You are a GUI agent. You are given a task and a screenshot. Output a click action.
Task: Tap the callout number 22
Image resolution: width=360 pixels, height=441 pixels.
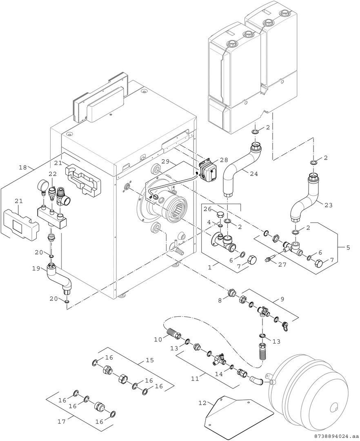click(52, 174)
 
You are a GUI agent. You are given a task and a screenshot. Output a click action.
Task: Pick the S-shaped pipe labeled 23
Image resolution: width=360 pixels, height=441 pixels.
click(304, 200)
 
